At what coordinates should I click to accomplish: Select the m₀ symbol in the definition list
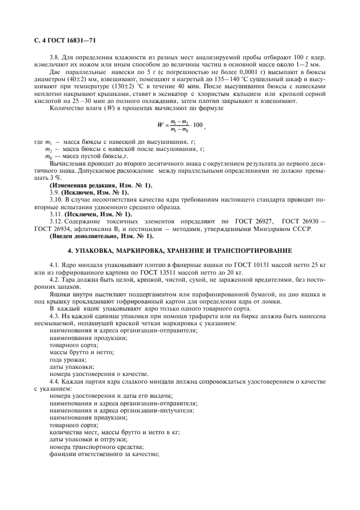point(48,171)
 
